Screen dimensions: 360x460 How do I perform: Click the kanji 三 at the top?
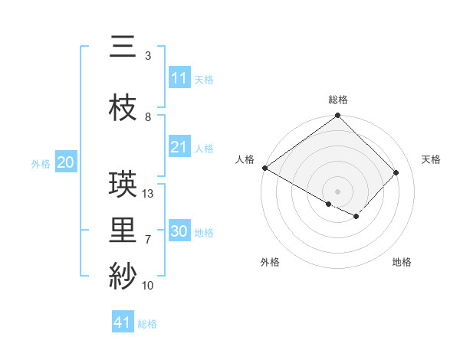[123, 47]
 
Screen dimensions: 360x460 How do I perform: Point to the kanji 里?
[123, 231]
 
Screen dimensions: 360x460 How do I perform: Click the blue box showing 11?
[179, 78]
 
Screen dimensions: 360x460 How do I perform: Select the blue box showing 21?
[179, 147]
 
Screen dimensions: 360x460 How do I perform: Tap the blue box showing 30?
[179, 231]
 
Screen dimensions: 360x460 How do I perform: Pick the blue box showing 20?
[66, 162]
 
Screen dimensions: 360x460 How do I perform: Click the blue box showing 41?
[123, 322]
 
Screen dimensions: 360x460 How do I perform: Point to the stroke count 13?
[149, 194]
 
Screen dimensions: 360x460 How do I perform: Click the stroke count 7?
[148, 240]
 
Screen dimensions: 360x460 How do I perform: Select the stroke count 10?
[149, 286]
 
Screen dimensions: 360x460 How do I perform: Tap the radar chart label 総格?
[338, 100]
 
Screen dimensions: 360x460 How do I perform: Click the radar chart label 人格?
[245, 159]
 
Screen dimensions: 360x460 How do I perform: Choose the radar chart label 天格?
[432, 159]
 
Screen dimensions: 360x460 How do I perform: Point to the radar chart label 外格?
[270, 263]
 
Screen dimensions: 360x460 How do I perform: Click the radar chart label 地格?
[402, 263]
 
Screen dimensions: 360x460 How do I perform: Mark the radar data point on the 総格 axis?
[338, 116]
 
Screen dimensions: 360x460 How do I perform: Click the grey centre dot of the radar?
[338, 191]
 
